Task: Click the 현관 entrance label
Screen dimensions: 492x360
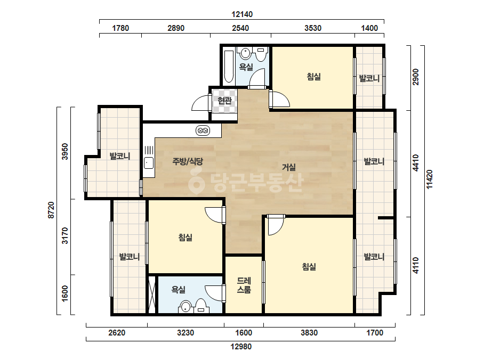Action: click(x=224, y=100)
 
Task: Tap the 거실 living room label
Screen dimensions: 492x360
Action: click(x=289, y=167)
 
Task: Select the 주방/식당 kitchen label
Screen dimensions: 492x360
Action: click(x=188, y=161)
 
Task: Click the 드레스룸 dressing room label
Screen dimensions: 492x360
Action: click(x=244, y=285)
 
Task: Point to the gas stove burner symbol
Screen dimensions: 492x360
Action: click(x=203, y=130)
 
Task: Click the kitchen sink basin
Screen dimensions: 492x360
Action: click(x=148, y=163)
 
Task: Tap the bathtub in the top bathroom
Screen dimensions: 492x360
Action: click(x=229, y=67)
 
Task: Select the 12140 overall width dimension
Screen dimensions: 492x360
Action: click(x=242, y=14)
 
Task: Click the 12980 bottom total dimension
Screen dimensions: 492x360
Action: click(x=241, y=347)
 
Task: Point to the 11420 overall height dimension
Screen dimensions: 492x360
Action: click(x=430, y=179)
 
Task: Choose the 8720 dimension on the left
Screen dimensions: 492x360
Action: click(x=51, y=210)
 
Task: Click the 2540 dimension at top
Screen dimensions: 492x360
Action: click(x=240, y=28)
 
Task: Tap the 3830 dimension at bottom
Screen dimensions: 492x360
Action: click(x=309, y=333)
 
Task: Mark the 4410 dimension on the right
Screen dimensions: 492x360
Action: click(x=416, y=163)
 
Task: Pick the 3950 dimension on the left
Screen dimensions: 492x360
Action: click(x=65, y=151)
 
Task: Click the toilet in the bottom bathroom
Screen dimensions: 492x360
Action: click(x=201, y=306)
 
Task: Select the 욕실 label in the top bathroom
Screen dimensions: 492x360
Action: click(x=246, y=67)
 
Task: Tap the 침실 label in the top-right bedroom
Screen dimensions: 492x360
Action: click(x=314, y=77)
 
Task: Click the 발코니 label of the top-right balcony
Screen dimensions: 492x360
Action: click(x=369, y=78)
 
